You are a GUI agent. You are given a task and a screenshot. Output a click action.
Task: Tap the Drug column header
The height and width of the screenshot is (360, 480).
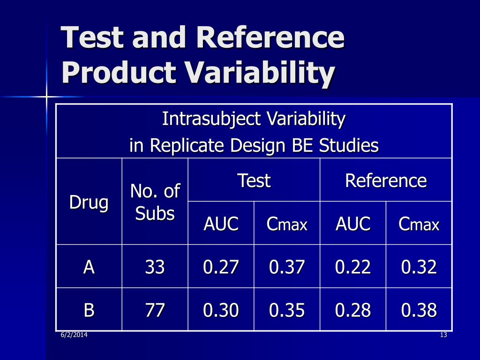pyautogui.click(x=89, y=202)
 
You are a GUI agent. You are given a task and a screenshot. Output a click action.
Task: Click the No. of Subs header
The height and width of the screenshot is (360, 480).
pyautogui.click(x=155, y=202)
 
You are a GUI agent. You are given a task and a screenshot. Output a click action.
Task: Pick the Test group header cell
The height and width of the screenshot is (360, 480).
pyautogui.click(x=254, y=180)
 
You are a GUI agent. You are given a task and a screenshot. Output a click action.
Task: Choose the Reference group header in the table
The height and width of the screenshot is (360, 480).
pyautogui.click(x=386, y=180)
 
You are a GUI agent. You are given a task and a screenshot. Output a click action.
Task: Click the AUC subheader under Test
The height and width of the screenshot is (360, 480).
pyautogui.click(x=221, y=224)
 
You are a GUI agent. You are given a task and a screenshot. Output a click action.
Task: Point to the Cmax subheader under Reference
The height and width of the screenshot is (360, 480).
pyautogui.click(x=419, y=225)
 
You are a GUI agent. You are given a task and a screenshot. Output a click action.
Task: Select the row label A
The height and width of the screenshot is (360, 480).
pyautogui.click(x=89, y=267)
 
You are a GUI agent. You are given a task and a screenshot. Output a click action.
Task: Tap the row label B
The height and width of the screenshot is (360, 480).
pyautogui.click(x=89, y=310)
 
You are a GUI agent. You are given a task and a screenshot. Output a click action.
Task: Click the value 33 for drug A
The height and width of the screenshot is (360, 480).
pyautogui.click(x=155, y=267)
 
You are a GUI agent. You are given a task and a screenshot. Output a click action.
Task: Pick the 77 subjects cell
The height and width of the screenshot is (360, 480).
pyautogui.click(x=155, y=310)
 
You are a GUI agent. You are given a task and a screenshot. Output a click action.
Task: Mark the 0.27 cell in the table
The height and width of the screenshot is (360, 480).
pyautogui.click(x=221, y=267)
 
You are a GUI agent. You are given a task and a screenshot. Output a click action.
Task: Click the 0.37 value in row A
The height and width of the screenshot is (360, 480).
pyautogui.click(x=287, y=267)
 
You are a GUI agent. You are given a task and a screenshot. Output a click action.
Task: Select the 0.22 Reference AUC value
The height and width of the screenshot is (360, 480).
pyautogui.click(x=353, y=267)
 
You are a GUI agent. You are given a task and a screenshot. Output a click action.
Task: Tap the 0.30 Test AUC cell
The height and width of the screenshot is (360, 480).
pyautogui.click(x=221, y=310)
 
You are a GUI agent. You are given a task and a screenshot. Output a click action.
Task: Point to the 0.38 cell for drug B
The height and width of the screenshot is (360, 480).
pyautogui.click(x=419, y=310)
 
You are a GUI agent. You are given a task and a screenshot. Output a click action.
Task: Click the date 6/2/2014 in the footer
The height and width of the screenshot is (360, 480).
pyautogui.click(x=74, y=335)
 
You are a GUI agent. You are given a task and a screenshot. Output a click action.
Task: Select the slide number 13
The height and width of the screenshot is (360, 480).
pyautogui.click(x=443, y=335)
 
